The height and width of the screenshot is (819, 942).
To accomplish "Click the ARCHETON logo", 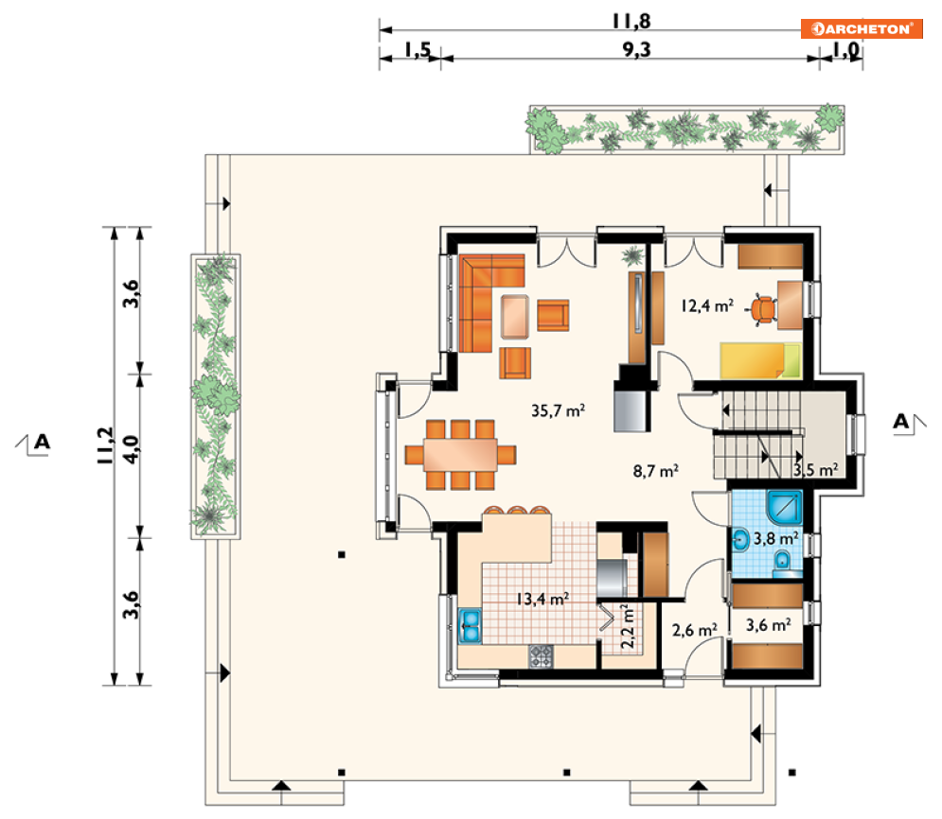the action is pos(862,28).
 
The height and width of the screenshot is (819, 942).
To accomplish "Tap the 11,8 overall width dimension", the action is pos(631,21).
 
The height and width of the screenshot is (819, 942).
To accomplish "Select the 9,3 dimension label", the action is pos(637,49).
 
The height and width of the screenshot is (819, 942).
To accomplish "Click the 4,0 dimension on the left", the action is pos(131,449).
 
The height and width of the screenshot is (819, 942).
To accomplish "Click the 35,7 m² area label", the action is pos(559,410).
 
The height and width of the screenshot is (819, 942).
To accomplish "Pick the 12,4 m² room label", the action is pos(707,305).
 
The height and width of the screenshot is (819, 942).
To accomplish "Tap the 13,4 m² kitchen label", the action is pos(542,599).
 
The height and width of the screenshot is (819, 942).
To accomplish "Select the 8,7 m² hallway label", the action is pos(656,470).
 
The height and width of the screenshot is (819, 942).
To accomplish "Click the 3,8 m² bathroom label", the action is pos(776,537).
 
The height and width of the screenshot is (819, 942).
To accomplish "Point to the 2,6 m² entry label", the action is pos(695,630).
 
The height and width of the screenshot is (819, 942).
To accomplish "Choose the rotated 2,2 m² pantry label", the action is pos(627,626).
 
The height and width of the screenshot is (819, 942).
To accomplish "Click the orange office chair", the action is pos(763,309).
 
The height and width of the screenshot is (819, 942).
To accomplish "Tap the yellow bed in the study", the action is pos(760,360).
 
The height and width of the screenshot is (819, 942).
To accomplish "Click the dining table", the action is pos(460,455).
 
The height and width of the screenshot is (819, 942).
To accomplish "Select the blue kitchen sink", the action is pos(470,626).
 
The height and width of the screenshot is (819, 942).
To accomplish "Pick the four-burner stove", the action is pos(541,655).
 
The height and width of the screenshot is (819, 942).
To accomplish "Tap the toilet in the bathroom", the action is pos(783,562).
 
